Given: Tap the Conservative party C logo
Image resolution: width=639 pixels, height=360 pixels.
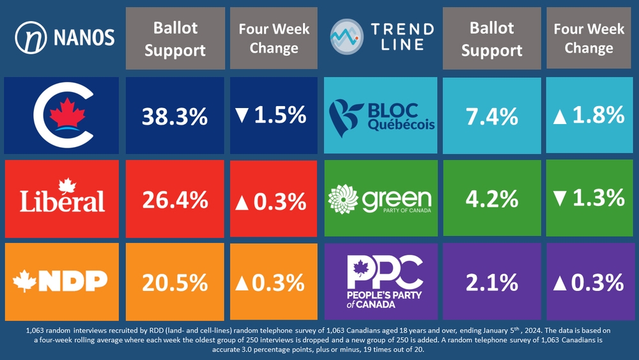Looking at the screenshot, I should point(62,116).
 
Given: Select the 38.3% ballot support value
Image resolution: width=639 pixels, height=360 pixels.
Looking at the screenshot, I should point(174,116).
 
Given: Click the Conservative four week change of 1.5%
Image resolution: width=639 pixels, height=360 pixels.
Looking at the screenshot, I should point(273,116).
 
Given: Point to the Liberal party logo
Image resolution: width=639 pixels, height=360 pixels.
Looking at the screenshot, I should point(62,198).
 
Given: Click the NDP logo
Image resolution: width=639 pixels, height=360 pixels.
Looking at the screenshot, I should point(61,280).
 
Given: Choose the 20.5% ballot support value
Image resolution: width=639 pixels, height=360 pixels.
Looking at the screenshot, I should point(174,282).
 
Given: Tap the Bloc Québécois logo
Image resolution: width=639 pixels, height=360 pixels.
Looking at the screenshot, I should point(381,116).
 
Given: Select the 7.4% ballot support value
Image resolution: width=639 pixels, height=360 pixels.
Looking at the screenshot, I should point(491,116).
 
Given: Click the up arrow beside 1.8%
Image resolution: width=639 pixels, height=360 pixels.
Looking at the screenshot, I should point(560,116).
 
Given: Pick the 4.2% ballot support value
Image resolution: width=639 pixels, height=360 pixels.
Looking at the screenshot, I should point(491,199).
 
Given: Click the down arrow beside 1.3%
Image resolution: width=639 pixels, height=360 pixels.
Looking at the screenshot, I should point(560,199).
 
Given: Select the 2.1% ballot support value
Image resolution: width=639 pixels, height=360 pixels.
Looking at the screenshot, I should point(491,282).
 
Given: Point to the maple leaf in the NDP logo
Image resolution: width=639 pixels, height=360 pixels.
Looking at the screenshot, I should point(26,279).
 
